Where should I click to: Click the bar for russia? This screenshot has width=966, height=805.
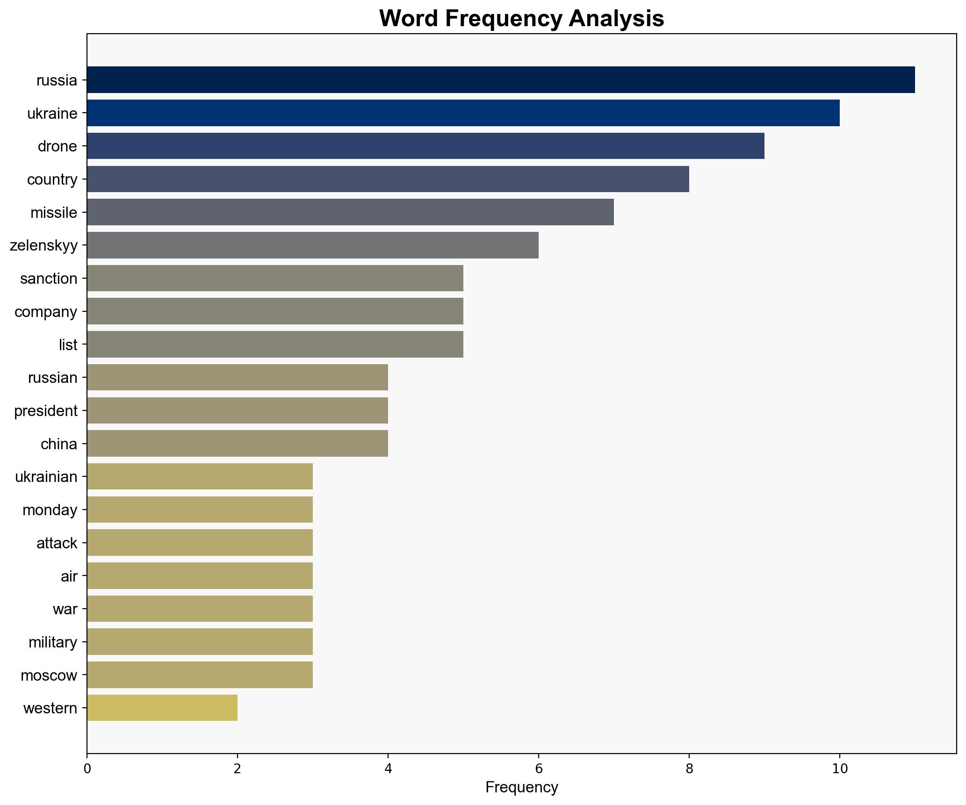(x=500, y=80)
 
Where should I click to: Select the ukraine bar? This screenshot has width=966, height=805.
(x=463, y=113)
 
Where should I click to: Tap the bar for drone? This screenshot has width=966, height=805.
(x=425, y=146)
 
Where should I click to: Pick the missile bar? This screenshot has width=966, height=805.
(x=350, y=212)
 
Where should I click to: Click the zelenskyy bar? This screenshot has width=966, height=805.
(x=312, y=245)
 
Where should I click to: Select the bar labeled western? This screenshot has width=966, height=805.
(x=162, y=708)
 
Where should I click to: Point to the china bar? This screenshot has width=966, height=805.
(x=237, y=443)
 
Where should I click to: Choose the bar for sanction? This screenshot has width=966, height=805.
(x=275, y=278)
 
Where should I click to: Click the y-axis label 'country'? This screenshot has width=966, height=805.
(x=52, y=180)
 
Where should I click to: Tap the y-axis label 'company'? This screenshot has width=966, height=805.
(x=46, y=312)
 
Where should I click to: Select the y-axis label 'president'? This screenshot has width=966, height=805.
(x=46, y=411)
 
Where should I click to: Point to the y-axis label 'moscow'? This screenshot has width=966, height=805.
(x=49, y=676)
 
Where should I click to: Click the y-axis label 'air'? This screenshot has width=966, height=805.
(x=69, y=576)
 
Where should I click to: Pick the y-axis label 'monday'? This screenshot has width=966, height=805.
(x=50, y=510)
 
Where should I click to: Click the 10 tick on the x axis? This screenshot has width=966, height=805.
(x=839, y=769)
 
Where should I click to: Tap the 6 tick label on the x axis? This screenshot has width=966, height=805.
(x=538, y=769)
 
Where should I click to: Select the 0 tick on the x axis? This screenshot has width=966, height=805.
(x=87, y=769)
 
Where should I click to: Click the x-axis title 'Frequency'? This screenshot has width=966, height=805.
(x=521, y=788)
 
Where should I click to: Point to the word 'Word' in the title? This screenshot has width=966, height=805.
(x=409, y=19)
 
